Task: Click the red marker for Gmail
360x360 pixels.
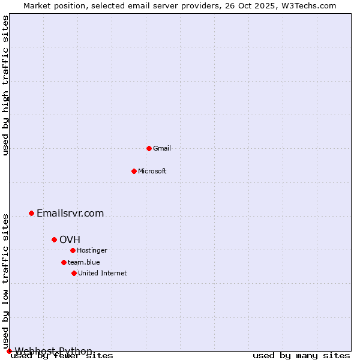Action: pyautogui.click(x=149, y=148)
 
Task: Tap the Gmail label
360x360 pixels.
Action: pyautogui.click(x=162, y=149)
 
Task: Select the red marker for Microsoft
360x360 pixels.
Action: pyautogui.click(x=134, y=171)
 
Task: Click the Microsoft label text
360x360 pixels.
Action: pyautogui.click(x=152, y=172)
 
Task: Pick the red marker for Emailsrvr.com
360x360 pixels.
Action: pyautogui.click(x=31, y=213)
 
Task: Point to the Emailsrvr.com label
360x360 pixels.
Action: pyautogui.click(x=70, y=214)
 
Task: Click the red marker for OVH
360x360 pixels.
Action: pyautogui.click(x=54, y=239)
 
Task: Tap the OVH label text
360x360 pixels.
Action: pyautogui.click(x=70, y=240)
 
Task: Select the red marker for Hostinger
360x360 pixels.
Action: pyautogui.click(x=73, y=250)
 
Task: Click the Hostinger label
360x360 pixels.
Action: pyautogui.click(x=92, y=251)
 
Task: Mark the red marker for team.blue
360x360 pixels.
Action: pyautogui.click(x=64, y=262)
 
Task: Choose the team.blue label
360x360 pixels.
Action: pyautogui.click(x=83, y=263)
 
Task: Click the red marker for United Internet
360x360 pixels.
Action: pyautogui.click(x=74, y=273)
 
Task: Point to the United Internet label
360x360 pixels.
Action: pyautogui.click(x=102, y=274)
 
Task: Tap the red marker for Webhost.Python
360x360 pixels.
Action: pyautogui.click(x=9, y=351)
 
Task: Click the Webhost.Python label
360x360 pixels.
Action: pyautogui.click(x=53, y=351)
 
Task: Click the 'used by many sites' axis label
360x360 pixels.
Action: pyautogui.click(x=301, y=356)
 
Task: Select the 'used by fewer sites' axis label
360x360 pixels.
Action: pyautogui.click(x=62, y=356)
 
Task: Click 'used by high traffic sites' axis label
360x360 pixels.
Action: pyautogui.click(x=6, y=85)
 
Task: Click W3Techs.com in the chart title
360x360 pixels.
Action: pyautogui.click(x=310, y=5)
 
